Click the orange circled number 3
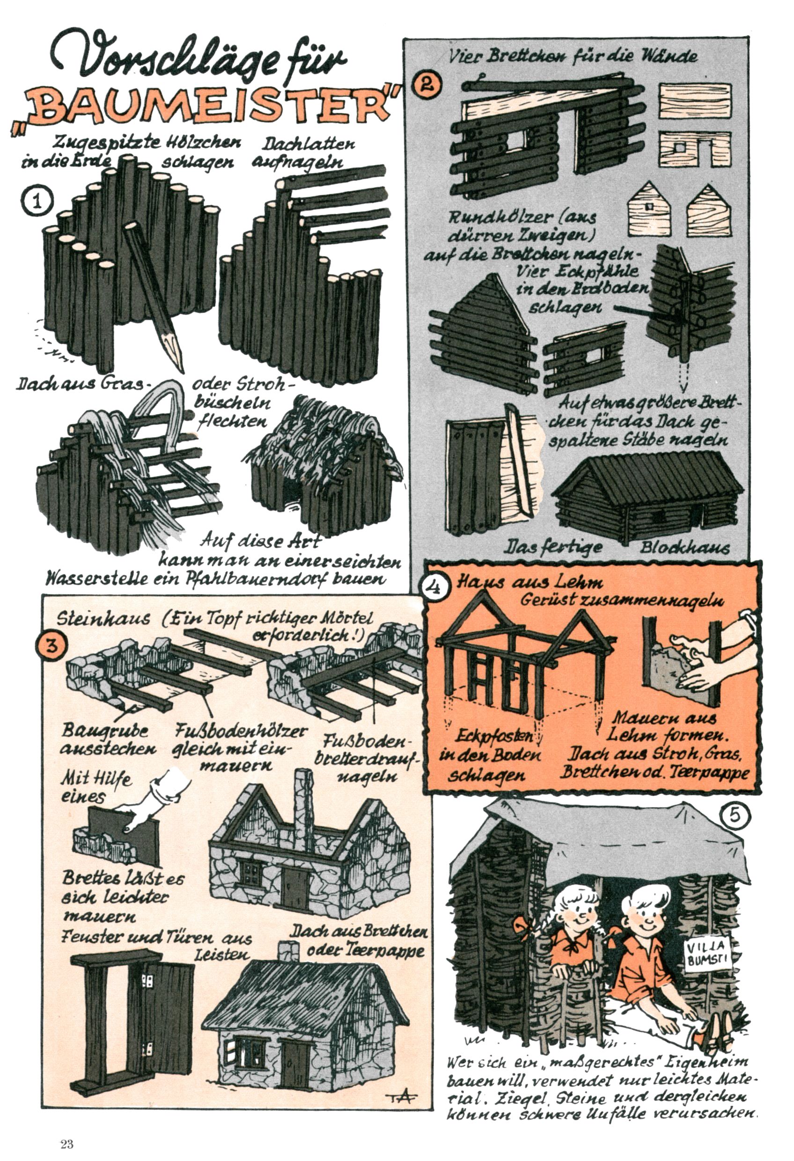(x=51, y=646)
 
